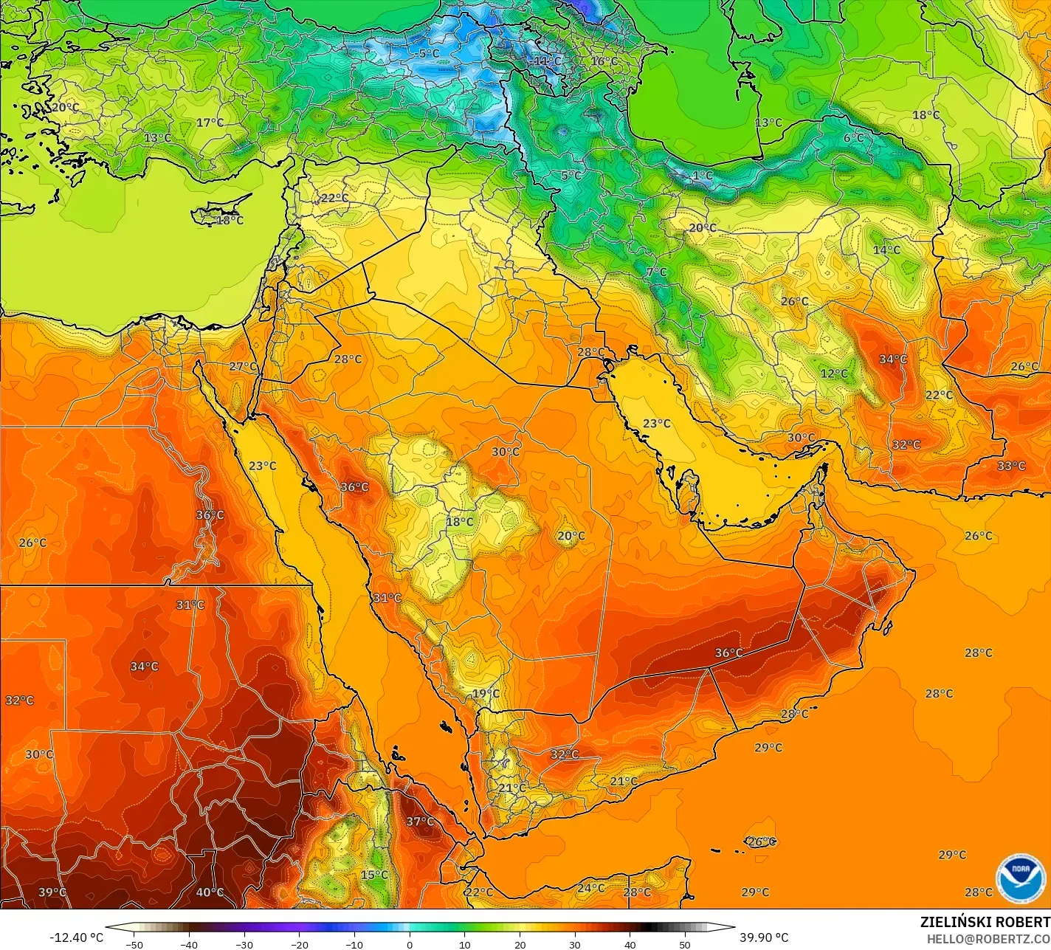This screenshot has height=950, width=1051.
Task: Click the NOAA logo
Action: pos(1021,878)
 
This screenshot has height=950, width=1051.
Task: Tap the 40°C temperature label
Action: pos(210,892)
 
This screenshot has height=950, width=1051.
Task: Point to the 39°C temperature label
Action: pos(52,892)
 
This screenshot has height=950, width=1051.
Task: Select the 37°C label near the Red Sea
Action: pos(420,822)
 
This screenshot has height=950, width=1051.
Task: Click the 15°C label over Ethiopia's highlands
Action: pos(373,875)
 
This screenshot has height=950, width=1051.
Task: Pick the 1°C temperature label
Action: pos(702,176)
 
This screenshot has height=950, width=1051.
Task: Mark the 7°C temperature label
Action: pos(656,272)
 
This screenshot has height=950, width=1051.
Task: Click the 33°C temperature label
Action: pos(1011,466)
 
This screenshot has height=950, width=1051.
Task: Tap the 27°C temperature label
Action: pos(243,366)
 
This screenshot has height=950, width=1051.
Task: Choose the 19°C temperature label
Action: pos(486,693)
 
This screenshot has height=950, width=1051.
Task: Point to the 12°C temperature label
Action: pos(834,374)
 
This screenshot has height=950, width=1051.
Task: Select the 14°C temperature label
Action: pos(886,249)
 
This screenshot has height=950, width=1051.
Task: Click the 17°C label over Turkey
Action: pos(210,122)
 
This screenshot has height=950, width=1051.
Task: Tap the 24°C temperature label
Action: pos(590,888)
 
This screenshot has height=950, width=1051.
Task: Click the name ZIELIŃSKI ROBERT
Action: pos(985,922)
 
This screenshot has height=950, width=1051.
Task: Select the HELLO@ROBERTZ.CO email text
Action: pos(988,938)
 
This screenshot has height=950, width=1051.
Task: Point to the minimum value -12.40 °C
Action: pos(76,937)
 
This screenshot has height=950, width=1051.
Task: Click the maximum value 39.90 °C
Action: pos(764,937)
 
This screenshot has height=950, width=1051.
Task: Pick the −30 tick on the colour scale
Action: pos(244,945)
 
